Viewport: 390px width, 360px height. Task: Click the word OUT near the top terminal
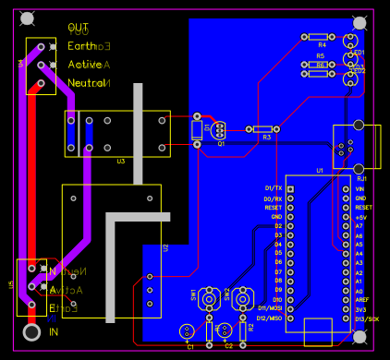coord(79,29)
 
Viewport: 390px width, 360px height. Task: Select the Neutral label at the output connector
coord(86,83)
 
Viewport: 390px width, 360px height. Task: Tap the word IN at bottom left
coord(54,331)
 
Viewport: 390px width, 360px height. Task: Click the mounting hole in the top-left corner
coord(28,18)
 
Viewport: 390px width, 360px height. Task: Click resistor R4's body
coord(321,37)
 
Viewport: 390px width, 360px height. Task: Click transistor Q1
coord(219,130)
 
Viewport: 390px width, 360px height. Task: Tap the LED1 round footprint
coord(351,41)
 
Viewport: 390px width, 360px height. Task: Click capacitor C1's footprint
coord(187,330)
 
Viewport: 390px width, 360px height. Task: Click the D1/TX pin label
coord(273,188)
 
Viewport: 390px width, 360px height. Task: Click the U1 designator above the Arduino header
coord(320,171)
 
